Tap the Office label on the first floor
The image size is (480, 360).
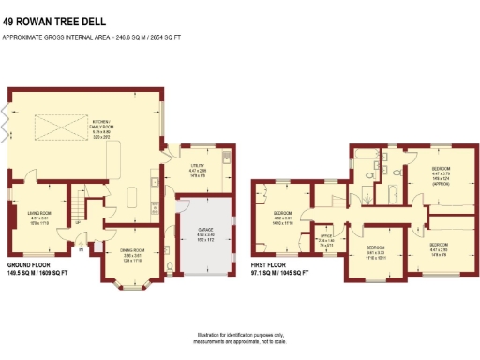[327, 239]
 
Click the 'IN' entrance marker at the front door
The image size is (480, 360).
[81, 249]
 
